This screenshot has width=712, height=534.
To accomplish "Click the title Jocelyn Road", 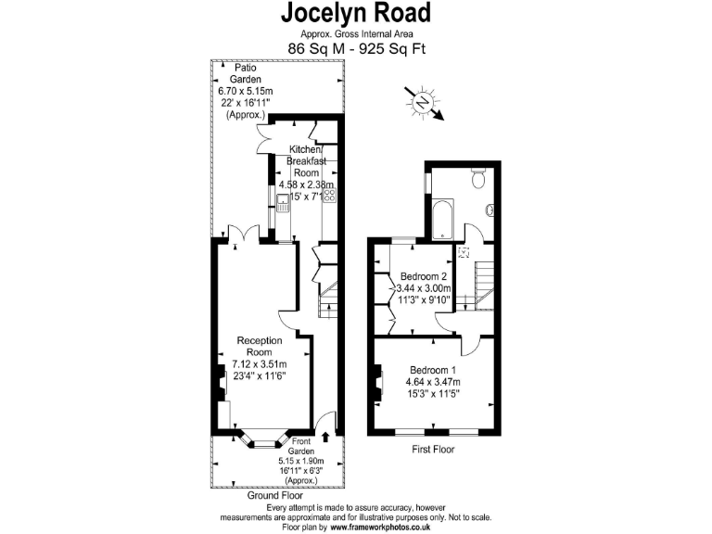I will (x=356, y=13).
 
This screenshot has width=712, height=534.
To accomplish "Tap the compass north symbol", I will (x=423, y=101).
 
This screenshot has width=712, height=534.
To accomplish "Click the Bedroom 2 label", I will (x=424, y=276).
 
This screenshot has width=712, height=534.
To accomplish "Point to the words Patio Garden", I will (x=245, y=73).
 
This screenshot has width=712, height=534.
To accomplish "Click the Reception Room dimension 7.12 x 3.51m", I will (x=260, y=363).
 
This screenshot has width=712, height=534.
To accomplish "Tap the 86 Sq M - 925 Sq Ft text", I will (x=356, y=48).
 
